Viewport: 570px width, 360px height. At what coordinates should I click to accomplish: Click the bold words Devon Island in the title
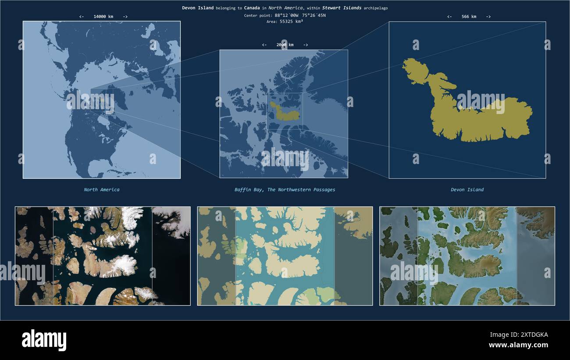pos(198,8)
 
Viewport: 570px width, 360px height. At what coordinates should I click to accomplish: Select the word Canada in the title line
pos(252,8)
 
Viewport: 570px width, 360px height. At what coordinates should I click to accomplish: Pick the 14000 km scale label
pos(103,17)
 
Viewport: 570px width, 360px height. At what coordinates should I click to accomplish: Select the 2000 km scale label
pos(285,45)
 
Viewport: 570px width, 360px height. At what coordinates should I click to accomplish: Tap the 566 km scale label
pos(469,17)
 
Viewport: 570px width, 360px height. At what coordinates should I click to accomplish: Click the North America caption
pos(102,190)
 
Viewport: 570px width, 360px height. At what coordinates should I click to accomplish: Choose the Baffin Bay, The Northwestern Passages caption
pos(285,190)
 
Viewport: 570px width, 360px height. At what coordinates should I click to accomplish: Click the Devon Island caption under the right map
pos(467,190)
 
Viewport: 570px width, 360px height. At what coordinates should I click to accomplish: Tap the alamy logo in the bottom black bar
pos(44,340)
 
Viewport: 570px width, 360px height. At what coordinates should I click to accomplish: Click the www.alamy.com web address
pos(518,345)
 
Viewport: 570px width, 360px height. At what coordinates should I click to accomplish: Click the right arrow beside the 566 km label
pos(488,17)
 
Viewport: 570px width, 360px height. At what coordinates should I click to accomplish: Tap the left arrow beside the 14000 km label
pos(82,17)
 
